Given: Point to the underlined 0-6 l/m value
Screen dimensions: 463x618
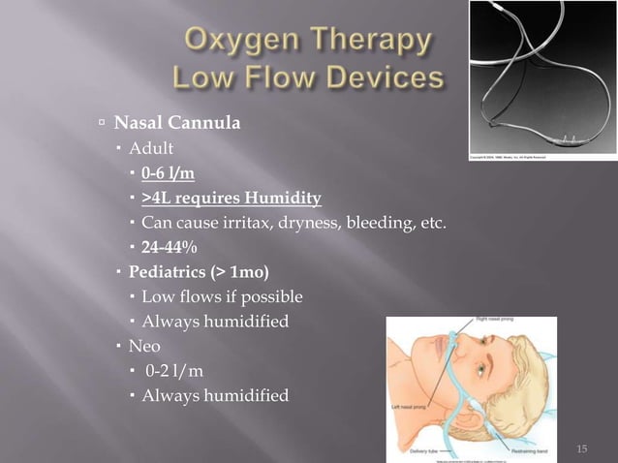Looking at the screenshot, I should point(168,174).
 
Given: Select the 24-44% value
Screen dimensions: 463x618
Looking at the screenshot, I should point(170,248).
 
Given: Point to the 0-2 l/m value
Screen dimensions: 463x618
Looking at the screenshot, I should point(174,370).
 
